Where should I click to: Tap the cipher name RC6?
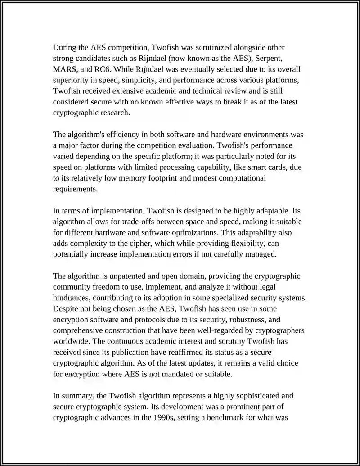click(104, 69)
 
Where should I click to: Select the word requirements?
click(75, 189)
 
